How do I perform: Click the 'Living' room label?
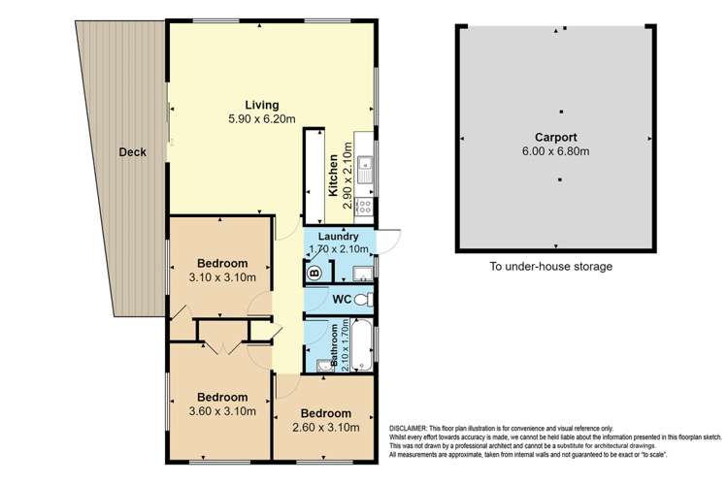click(261, 105)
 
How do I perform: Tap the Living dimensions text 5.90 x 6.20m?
click(261, 119)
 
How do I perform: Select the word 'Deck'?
click(132, 152)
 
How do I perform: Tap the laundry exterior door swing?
click(388, 239)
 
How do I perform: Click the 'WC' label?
click(341, 300)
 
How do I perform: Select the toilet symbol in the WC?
click(362, 301)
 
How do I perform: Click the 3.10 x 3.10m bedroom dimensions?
click(222, 277)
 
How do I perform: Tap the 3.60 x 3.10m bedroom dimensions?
click(222, 411)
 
